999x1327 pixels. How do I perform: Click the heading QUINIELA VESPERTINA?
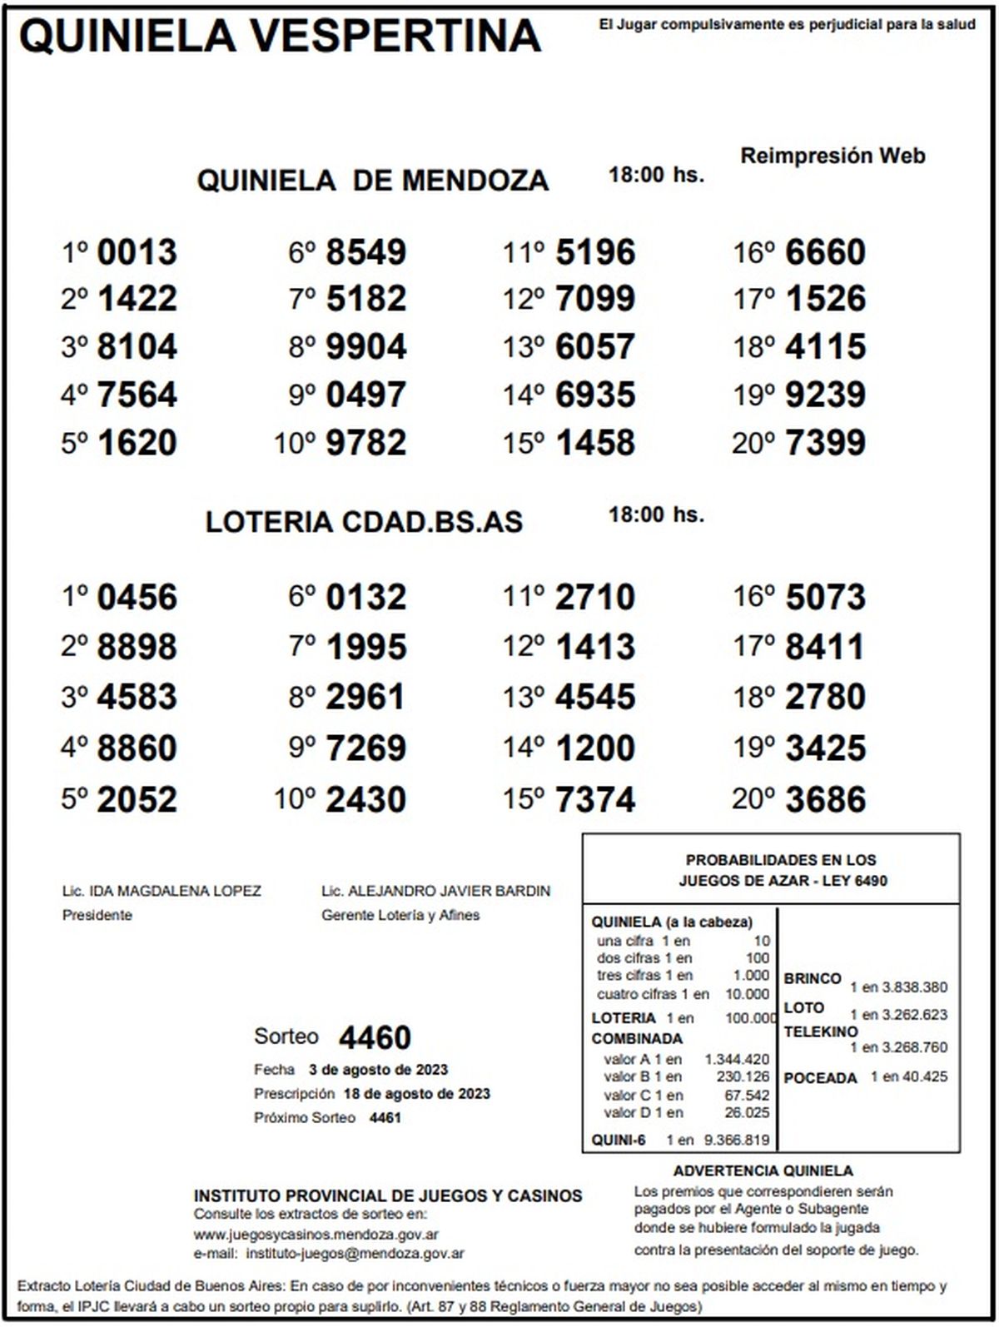point(280,36)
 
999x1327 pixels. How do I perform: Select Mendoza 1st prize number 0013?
point(137,252)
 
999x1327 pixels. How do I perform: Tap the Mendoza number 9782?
point(366,443)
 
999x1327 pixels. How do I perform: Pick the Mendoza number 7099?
point(595,299)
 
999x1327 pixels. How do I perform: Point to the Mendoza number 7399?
point(825,443)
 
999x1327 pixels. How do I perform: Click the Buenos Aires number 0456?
point(137,598)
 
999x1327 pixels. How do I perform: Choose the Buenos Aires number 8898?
point(137,647)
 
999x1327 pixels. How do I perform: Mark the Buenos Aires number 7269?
point(366,748)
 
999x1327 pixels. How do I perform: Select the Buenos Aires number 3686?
point(825,799)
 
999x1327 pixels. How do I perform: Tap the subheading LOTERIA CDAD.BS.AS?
point(364,522)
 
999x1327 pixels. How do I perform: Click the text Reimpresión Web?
point(832,156)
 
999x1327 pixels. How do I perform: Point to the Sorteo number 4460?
point(375,1038)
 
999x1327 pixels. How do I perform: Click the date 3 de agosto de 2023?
point(378,1070)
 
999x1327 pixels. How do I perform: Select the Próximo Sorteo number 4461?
point(385,1118)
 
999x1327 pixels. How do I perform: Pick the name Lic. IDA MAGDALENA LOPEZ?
point(162,891)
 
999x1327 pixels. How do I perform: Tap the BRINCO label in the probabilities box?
point(813,979)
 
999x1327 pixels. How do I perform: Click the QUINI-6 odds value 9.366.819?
point(737,1141)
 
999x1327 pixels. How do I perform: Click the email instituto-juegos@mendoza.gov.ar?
point(355,1253)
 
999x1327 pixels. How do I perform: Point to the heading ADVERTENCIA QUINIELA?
point(763,1171)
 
